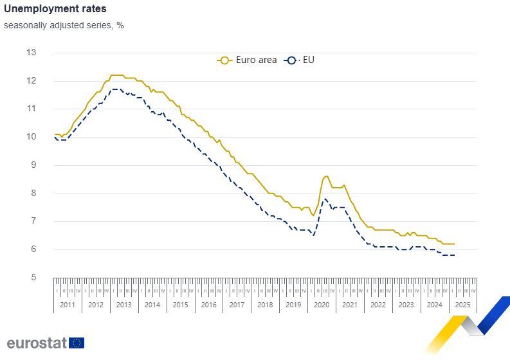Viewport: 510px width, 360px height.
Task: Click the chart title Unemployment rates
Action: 55,9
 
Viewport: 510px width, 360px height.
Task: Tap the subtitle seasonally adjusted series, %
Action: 64,25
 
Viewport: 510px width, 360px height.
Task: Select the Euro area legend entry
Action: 248,60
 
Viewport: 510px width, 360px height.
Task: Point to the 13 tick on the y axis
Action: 31,53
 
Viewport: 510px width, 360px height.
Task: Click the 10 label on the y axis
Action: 31,137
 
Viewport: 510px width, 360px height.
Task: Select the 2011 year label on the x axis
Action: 68,305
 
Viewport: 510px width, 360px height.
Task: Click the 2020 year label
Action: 322,305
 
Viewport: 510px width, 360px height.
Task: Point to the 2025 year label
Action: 462,305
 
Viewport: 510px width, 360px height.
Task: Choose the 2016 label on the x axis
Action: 208,305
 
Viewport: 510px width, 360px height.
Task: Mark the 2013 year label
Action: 124,305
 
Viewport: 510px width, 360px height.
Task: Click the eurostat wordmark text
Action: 37,343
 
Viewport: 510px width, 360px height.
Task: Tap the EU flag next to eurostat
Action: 77,343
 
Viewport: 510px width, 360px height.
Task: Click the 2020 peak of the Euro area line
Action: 326,176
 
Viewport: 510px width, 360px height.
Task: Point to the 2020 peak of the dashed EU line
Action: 325,199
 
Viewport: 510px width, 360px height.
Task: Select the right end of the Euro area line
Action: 455,244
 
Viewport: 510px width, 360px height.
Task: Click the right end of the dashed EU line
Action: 455,255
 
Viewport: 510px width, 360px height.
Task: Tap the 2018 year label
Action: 265,305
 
